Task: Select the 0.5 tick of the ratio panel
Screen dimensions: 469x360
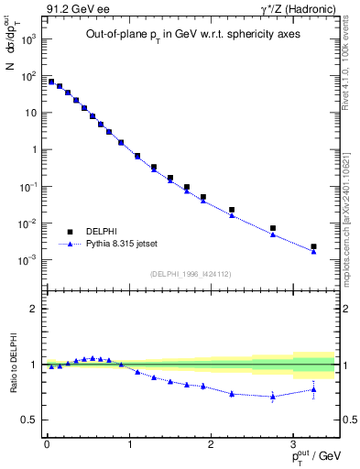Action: pyautogui.click(x=29, y=420)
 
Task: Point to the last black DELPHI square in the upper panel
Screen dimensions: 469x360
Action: pyautogui.click(x=313, y=246)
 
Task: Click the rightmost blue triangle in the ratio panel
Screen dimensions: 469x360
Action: pyautogui.click(x=313, y=389)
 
